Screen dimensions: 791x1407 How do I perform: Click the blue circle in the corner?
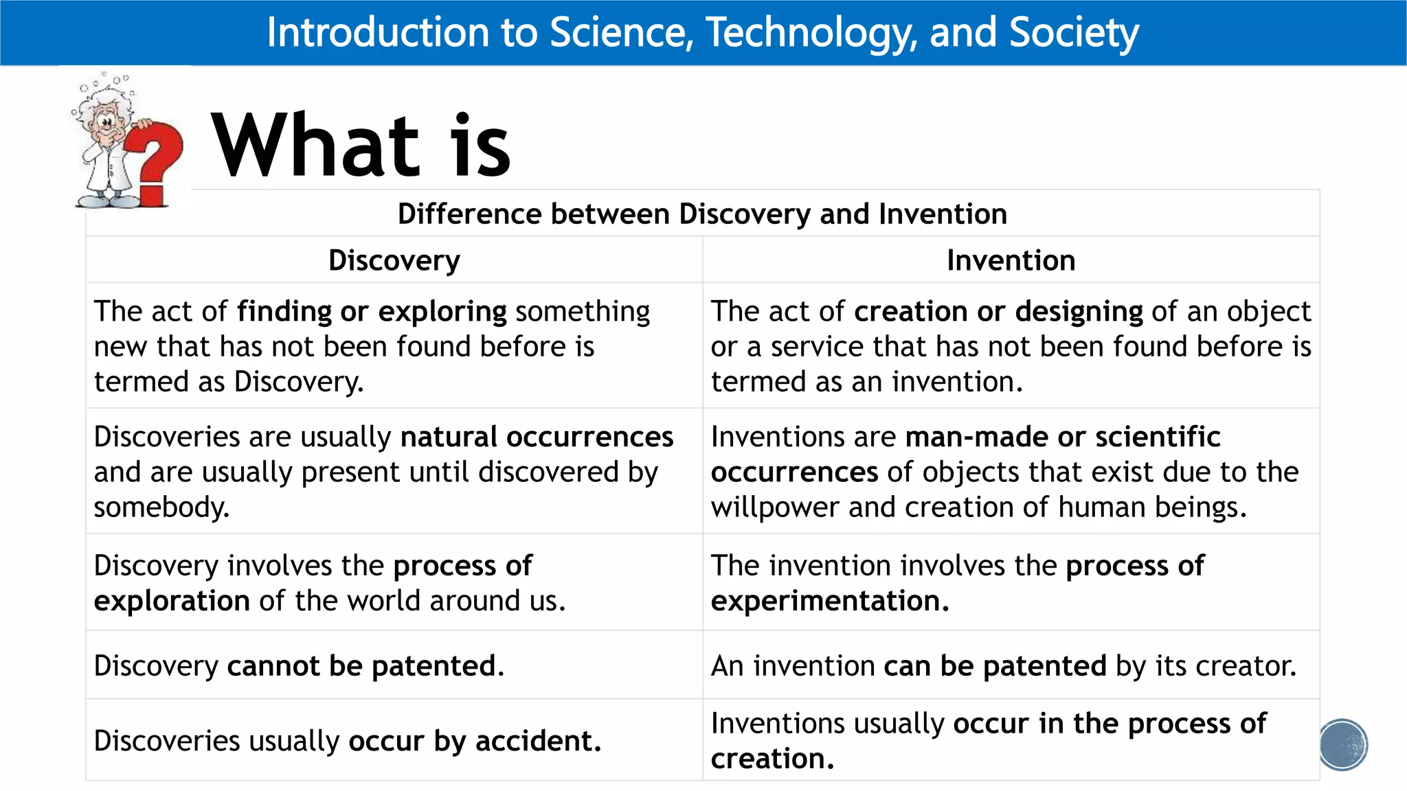click(1343, 744)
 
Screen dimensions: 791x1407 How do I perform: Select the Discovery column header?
click(394, 260)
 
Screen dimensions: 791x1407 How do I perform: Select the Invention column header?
click(1011, 260)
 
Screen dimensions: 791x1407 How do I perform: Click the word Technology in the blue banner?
click(811, 32)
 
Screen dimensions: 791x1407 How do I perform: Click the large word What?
click(315, 146)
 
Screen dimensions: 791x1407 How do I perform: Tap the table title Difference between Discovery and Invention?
click(702, 214)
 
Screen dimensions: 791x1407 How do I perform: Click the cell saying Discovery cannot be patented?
click(300, 665)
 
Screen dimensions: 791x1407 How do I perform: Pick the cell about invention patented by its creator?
click(1003, 665)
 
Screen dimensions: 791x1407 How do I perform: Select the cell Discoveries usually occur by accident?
click(348, 741)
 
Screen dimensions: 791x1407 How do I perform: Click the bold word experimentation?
click(829, 601)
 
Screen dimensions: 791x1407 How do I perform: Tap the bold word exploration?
click(172, 601)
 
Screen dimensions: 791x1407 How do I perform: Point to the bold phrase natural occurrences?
click(537, 437)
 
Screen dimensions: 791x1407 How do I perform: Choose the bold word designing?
click(1079, 311)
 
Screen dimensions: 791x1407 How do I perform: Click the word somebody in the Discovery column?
click(161, 507)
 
